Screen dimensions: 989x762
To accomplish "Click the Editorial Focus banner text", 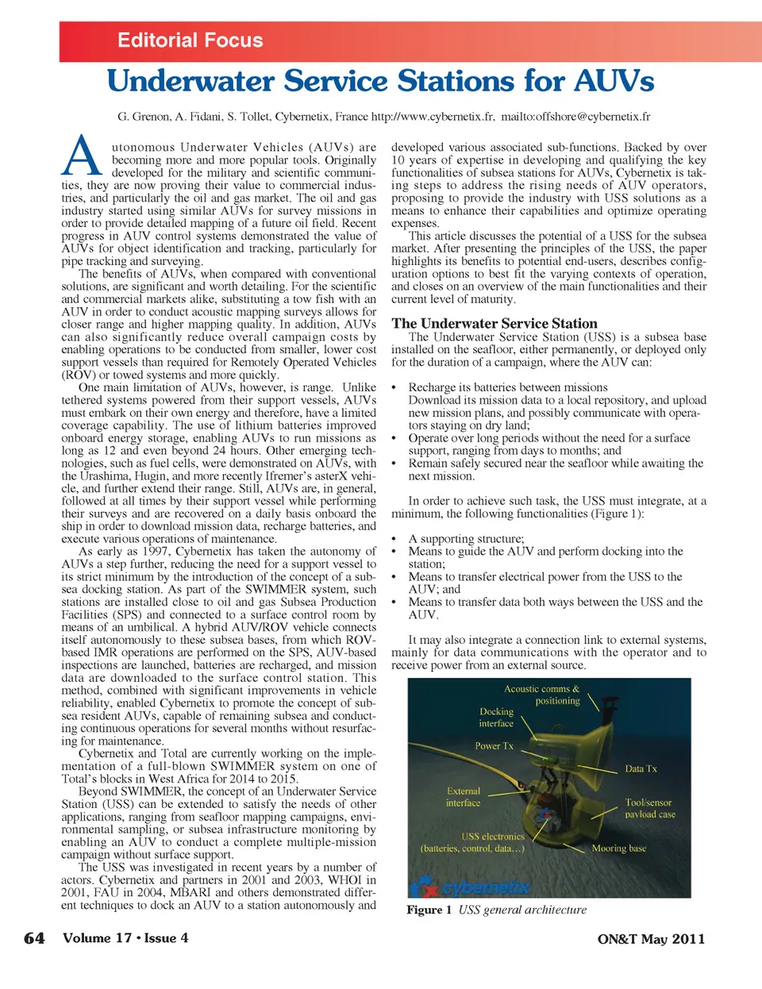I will click(190, 40).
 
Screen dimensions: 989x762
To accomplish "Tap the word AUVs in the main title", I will click(614, 81).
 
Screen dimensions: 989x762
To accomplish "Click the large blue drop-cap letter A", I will click(81, 156).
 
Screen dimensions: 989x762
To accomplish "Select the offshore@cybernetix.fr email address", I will click(589, 117).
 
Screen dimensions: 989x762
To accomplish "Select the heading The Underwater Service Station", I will click(494, 323).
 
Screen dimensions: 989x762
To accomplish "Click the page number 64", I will click(34, 938).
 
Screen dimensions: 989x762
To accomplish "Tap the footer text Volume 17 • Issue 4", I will click(125, 937).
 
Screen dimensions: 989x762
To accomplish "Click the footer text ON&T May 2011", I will click(651, 939).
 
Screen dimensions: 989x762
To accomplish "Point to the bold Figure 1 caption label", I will click(429, 910).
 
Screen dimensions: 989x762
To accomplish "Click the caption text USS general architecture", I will click(522, 910).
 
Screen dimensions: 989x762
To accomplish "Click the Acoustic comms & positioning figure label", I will click(542, 695).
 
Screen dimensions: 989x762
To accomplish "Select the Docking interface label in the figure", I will click(496, 718).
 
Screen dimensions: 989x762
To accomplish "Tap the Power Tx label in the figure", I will click(494, 746).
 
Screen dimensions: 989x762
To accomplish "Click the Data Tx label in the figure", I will click(641, 768).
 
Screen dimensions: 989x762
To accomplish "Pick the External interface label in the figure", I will click(464, 797).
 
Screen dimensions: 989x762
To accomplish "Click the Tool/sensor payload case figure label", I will click(649, 808).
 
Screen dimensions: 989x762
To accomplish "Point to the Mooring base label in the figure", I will click(618, 849).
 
